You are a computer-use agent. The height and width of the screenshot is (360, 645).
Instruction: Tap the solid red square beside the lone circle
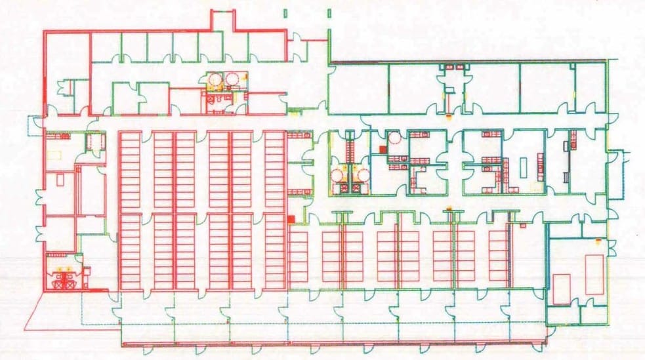coord(382,150)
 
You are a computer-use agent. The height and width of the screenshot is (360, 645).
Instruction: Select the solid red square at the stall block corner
coord(291,218)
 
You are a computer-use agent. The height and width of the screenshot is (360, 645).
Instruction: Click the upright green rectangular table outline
coord(524,167)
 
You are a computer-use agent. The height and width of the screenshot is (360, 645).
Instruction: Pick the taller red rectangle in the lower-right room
coord(594,274)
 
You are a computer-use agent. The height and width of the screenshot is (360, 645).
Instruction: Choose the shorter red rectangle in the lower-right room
coord(562,289)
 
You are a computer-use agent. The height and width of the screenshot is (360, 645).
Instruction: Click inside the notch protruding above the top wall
coord(223,19)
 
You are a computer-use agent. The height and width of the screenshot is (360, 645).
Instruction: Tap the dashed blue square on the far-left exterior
coord(34,125)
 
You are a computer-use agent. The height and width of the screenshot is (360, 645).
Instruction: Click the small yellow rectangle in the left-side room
coord(52,155)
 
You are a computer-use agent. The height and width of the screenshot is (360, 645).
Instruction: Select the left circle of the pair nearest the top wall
coord(215,79)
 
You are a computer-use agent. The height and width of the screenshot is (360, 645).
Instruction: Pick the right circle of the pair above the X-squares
coord(360,174)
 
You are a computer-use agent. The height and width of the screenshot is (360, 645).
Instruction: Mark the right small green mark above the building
coord(329,12)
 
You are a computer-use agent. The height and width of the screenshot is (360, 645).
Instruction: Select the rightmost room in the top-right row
coord(591,88)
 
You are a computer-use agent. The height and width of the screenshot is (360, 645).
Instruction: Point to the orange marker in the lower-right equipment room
coord(596,241)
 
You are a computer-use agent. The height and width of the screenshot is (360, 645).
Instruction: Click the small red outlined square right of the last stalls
coord(523,227)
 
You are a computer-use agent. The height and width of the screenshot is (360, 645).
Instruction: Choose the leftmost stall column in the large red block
coord(130,210)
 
